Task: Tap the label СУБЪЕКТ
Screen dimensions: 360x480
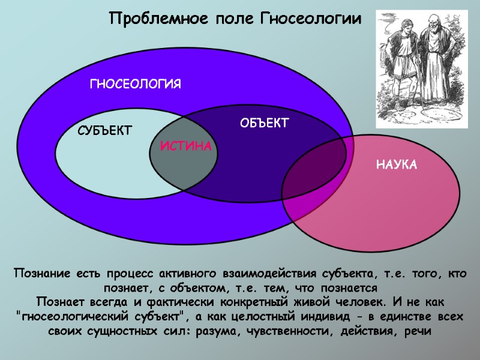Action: coord(105,131)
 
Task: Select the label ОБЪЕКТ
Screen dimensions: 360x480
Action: coord(265,124)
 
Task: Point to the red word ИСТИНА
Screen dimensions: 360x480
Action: coord(186,146)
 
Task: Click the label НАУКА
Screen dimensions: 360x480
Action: coord(396,164)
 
